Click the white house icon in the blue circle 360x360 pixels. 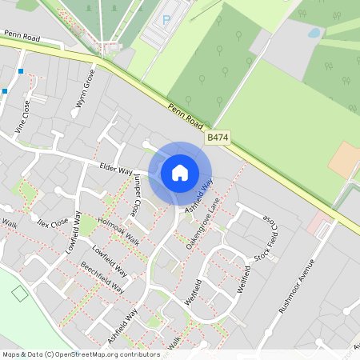[x=180, y=172]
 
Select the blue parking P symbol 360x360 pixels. [x=166, y=19]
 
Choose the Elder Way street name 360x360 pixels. [x=115, y=169]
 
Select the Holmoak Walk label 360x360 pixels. [x=118, y=231]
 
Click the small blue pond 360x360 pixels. [x=314, y=34]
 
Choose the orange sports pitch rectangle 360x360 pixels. [x=344, y=160]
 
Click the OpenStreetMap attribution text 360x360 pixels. [x=80, y=354]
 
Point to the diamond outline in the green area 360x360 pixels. [x=19, y=294]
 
